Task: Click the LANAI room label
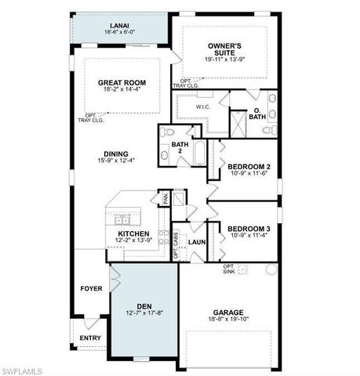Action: pos(119,26)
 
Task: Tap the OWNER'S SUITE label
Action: pos(224,49)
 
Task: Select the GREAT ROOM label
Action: pos(122,82)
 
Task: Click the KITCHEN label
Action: pos(133,233)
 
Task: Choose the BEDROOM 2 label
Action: pos(249,166)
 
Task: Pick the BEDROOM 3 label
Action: pos(249,229)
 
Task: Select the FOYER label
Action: pos(91,288)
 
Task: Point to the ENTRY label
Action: pos(90,338)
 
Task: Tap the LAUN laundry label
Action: pos(196,242)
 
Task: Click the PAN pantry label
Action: pos(165,199)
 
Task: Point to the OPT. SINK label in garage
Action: pos(230,269)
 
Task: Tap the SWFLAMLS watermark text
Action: pos(24,369)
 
